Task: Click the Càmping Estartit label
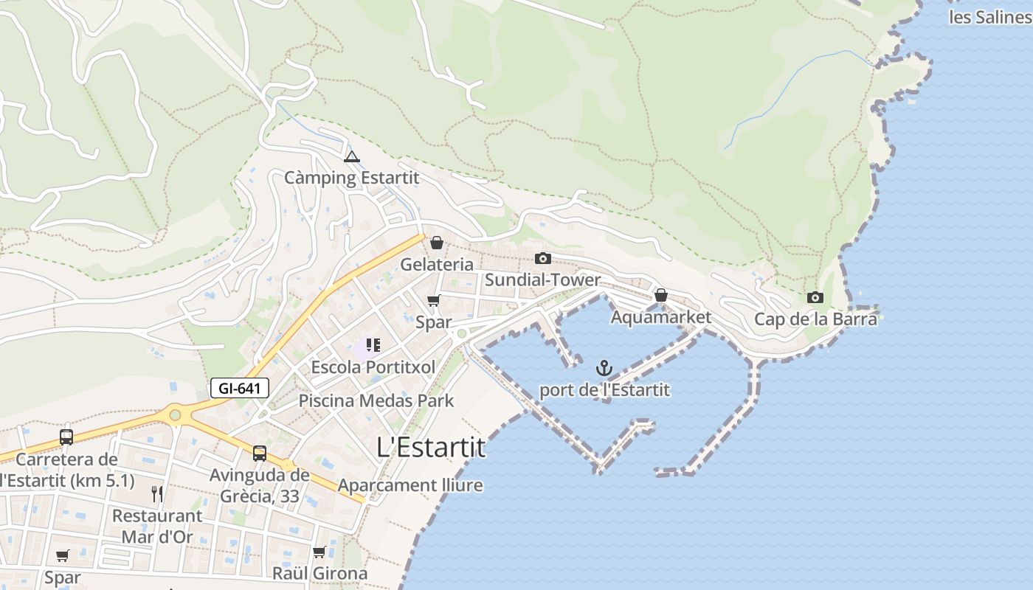click(x=352, y=178)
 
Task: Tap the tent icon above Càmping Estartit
click(x=352, y=156)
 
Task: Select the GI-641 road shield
click(x=240, y=388)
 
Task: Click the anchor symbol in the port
click(x=604, y=367)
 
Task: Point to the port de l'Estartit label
click(x=604, y=389)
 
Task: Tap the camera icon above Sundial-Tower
click(x=543, y=258)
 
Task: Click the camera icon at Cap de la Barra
click(x=815, y=298)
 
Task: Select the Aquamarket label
click(x=661, y=317)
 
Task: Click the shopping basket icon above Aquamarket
click(x=661, y=296)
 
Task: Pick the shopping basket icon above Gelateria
click(x=437, y=243)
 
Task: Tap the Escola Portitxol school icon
click(x=373, y=345)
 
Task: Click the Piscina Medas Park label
click(x=376, y=401)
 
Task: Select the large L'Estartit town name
click(x=431, y=447)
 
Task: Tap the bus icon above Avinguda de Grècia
click(x=260, y=453)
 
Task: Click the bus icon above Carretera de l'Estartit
click(x=66, y=437)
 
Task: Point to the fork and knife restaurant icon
click(x=157, y=494)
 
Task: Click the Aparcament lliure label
click(x=410, y=485)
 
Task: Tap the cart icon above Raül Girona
click(x=319, y=552)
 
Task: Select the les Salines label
click(x=990, y=17)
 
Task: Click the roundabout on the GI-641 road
click(x=175, y=415)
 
